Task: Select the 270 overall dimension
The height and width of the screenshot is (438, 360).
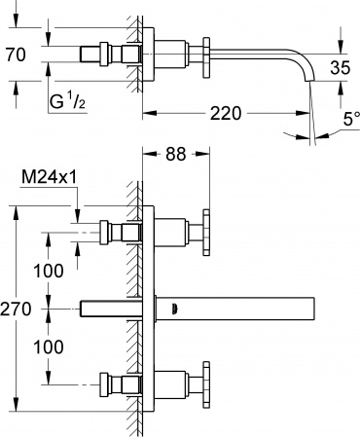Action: click(x=18, y=309)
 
